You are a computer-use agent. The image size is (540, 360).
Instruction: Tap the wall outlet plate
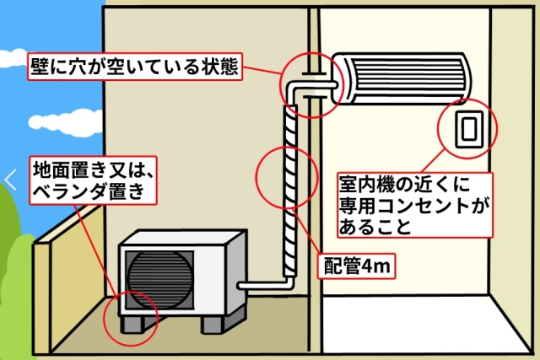click(467, 130)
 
